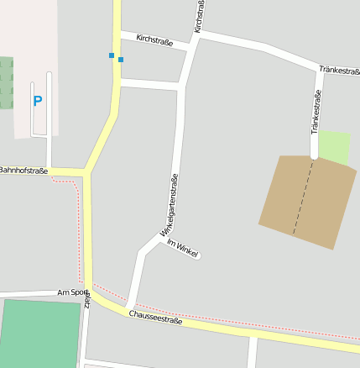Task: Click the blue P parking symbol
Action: coord(37,102)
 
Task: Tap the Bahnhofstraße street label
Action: coord(23,170)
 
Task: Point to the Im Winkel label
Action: coord(182,248)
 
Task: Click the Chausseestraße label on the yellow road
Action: coord(155,318)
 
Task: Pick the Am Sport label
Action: coord(73,292)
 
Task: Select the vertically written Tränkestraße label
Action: coord(316,112)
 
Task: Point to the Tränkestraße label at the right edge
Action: coord(340,71)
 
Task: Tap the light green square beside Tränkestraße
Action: coord(334,147)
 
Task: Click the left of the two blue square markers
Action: coord(112,55)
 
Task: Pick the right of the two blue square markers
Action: coord(121,60)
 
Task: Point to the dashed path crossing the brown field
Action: coord(304,197)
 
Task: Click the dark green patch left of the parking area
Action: coord(7,82)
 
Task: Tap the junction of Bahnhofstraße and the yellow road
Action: coord(86,173)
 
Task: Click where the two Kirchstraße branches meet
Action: coord(194,36)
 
